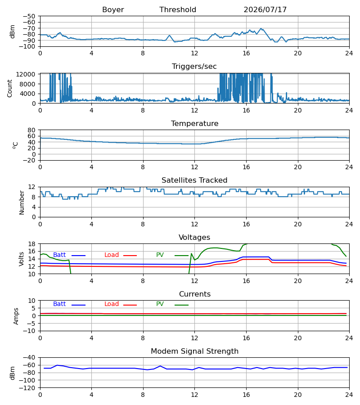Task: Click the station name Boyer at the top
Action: (x=113, y=10)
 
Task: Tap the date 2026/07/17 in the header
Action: (x=265, y=10)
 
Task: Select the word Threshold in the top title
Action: (x=178, y=10)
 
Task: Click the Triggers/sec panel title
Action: (x=194, y=67)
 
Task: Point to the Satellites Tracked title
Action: (x=194, y=180)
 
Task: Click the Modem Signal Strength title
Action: (x=194, y=351)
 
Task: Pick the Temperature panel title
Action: (x=194, y=123)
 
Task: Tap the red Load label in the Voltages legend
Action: (x=112, y=255)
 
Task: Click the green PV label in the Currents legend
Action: (x=160, y=304)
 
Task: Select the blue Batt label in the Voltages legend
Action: (x=59, y=255)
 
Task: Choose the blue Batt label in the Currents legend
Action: (x=59, y=304)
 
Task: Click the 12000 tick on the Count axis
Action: (x=26, y=74)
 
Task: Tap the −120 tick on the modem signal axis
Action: (x=29, y=388)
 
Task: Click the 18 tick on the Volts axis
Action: (x=32, y=244)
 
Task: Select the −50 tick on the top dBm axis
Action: (x=29, y=16)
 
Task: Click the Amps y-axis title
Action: (x=16, y=316)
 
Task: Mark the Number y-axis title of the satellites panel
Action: (x=22, y=202)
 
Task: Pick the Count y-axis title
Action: (x=9, y=88)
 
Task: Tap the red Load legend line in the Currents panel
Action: (x=130, y=305)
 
